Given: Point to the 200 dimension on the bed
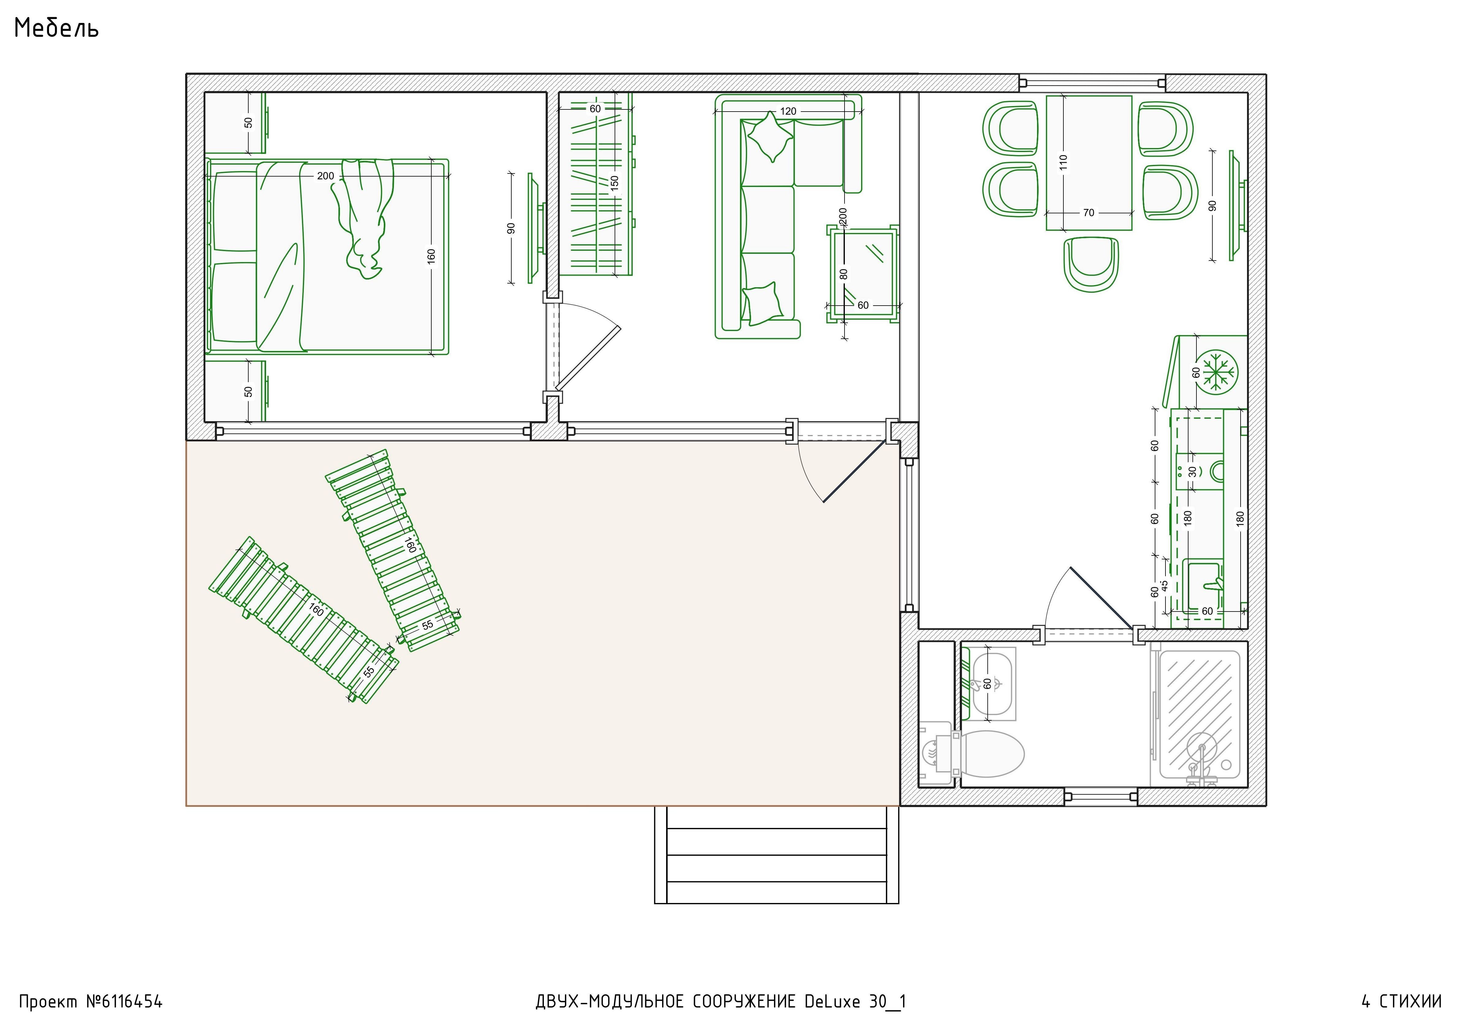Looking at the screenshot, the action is pos(326,176).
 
